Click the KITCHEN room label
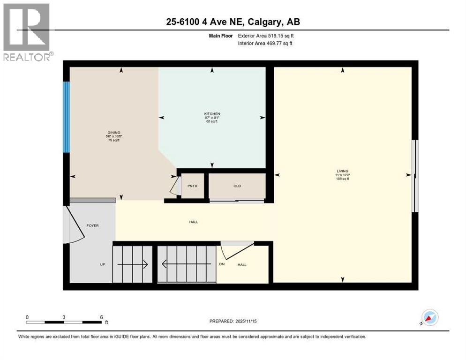point(212,114)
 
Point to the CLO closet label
point(237,186)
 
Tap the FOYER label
point(92,225)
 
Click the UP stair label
point(102,264)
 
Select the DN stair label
point(222,264)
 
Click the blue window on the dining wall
point(67,117)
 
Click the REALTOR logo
point(27,32)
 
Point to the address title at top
point(233,22)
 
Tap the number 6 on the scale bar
point(101,317)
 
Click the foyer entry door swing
point(74,225)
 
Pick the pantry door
point(175,186)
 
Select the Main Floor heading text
point(221,36)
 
